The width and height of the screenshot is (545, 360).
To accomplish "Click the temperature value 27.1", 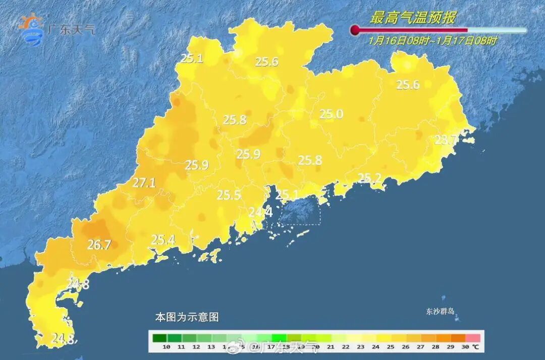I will tap(144, 183).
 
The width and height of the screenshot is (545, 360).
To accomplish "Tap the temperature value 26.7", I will tap(99, 245).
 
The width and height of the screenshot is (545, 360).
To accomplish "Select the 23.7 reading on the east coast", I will tap(446, 140).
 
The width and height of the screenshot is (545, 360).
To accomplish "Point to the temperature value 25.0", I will tap(331, 115).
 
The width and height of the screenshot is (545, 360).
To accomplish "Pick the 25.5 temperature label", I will tap(229, 195).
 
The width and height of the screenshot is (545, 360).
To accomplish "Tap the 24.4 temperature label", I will tap(260, 213).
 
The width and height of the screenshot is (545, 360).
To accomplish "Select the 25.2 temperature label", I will tap(370, 178).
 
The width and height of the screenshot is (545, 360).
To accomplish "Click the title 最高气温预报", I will tap(412, 18).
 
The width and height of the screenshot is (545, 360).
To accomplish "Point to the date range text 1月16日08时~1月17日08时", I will tap(432, 40).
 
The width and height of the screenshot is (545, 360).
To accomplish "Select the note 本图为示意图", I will tap(187, 318).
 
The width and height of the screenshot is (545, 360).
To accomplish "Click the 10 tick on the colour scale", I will tap(166, 347).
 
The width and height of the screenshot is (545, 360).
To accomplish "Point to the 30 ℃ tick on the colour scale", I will tap(469, 347).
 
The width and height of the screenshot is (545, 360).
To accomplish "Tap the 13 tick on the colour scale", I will tap(211, 347).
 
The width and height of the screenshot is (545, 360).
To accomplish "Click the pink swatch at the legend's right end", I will tap(473, 337).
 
